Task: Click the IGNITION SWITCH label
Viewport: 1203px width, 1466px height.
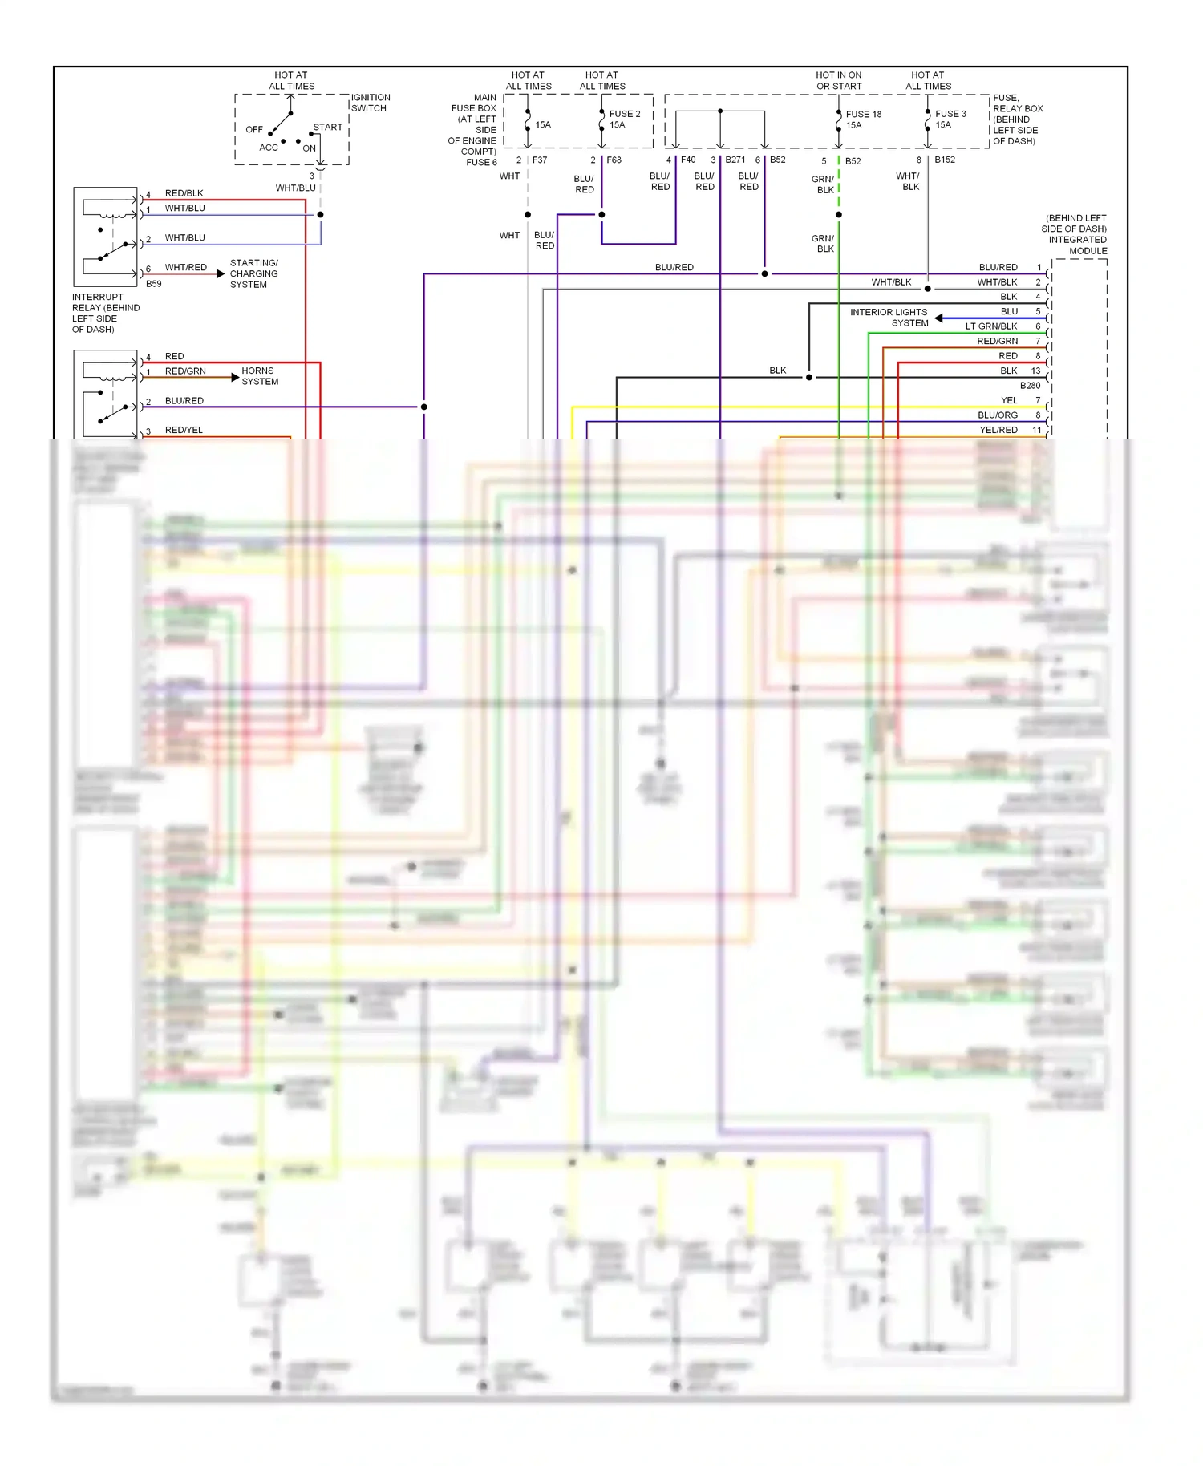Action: [370, 103]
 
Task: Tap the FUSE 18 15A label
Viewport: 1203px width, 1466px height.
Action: [863, 119]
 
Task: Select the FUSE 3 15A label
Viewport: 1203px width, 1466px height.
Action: [950, 119]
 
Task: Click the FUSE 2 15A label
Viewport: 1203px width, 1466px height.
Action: [624, 119]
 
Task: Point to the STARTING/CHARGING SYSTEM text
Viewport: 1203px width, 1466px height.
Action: [253, 273]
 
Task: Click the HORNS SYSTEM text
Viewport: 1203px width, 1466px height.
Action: [260, 376]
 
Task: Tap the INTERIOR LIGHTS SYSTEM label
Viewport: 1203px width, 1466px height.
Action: [889, 318]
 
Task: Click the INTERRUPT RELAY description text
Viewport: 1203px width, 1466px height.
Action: [106, 313]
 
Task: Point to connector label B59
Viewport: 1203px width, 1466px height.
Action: [153, 284]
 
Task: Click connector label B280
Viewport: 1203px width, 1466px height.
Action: [1030, 386]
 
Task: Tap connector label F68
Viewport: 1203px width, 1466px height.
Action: [614, 160]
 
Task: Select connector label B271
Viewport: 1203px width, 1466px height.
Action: [735, 160]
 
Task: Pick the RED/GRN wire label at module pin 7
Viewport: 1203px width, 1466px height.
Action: [997, 341]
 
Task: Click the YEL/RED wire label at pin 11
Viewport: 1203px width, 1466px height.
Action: [998, 430]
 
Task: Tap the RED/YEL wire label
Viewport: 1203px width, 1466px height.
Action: [184, 430]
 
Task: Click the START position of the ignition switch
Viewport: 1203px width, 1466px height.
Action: [327, 127]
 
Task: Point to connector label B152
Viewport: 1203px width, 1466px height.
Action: [944, 160]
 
